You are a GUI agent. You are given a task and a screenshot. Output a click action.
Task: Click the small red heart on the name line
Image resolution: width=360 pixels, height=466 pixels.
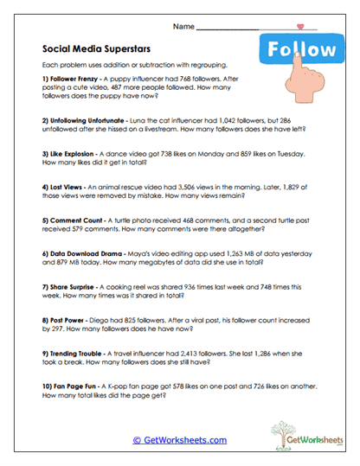click(x=300, y=28)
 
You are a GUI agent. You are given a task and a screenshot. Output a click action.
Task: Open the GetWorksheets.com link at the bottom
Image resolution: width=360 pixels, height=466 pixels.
click(x=180, y=440)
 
